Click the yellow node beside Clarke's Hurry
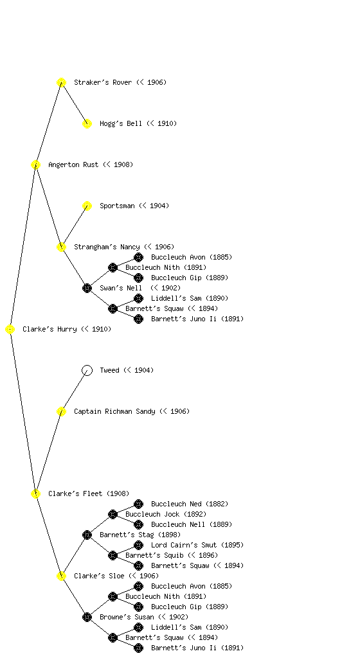(x=10, y=330)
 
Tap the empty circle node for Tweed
(x=87, y=371)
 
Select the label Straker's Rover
(x=103, y=82)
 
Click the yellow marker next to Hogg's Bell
(x=87, y=124)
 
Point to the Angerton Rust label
(x=73, y=165)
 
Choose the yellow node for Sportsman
(x=87, y=206)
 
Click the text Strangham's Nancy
(x=107, y=247)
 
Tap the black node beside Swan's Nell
(x=87, y=289)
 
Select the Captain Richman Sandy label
(x=114, y=411)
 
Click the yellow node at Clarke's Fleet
(x=35, y=494)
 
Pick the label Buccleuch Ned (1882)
(x=190, y=504)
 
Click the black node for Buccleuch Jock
(x=113, y=515)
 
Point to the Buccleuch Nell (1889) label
(x=192, y=524)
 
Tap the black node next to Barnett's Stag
(x=87, y=535)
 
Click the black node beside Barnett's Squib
(x=113, y=556)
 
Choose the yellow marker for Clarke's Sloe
(x=61, y=576)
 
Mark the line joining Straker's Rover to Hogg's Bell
(x=75, y=103)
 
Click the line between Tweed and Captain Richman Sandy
(x=75, y=391)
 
